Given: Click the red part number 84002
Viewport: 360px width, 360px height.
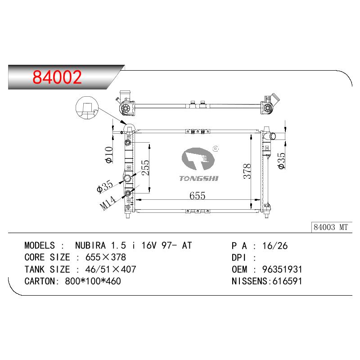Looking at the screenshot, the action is pos(57,77).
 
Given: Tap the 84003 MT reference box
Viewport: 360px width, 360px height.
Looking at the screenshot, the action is pos(332,227).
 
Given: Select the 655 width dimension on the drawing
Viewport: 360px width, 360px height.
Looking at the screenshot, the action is pos(197,196).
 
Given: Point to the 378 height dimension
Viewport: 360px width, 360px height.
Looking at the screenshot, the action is pos(247,171).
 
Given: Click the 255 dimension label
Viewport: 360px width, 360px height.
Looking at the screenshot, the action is pos(145,167).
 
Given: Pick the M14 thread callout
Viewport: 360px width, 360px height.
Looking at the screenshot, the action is pos(108,203).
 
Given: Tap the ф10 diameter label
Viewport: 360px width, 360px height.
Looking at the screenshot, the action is pos(109,155).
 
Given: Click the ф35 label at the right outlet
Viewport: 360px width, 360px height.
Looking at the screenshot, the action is pos(282,161).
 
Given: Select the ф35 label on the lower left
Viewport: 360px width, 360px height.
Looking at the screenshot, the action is pos(105,186).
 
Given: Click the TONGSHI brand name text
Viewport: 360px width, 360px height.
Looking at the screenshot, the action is pos(199,178).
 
